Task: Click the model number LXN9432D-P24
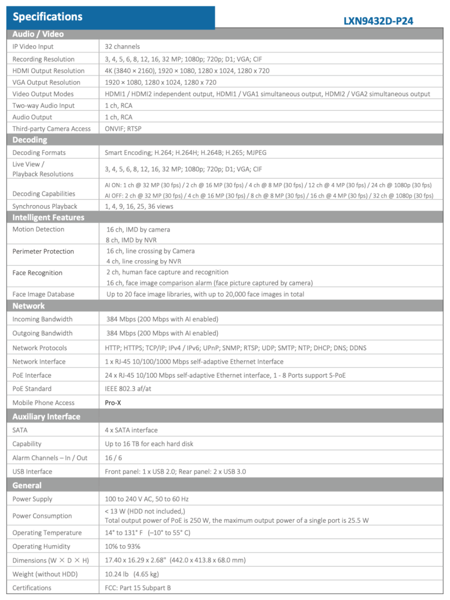coord(378,21)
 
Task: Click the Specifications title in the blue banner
coord(48,16)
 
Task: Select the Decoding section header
coord(30,140)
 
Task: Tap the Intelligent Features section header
coord(48,217)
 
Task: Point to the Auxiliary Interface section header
coord(46,416)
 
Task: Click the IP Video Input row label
coord(33,46)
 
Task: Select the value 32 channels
coord(122,46)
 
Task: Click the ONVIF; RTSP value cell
coord(123,128)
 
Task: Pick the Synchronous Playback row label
coord(45,206)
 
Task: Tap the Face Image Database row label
coord(43,294)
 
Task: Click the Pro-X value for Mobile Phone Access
coord(113,402)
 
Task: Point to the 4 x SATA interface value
coord(131,430)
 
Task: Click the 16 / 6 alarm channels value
coord(113,457)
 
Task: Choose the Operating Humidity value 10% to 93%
coord(123,546)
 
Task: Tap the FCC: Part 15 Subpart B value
coord(138,588)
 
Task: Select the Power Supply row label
coord(33,499)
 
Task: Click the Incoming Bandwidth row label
coord(43,319)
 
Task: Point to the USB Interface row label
coord(32,471)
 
